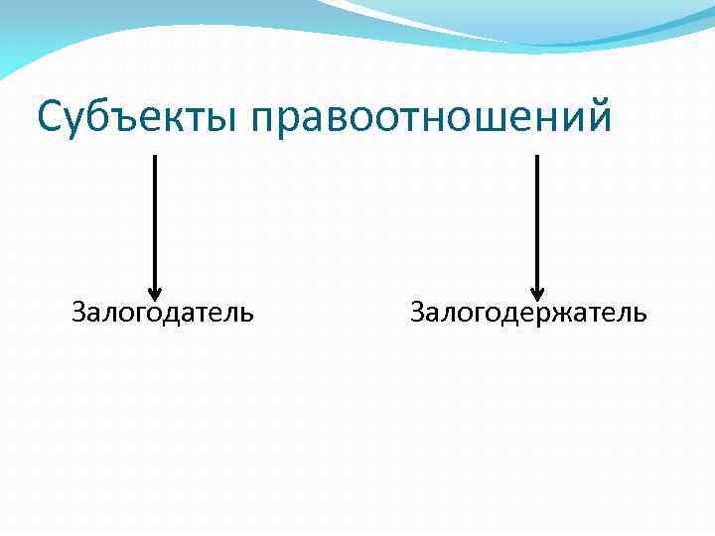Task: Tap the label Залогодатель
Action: coord(163,313)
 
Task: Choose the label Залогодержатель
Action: coord(528,313)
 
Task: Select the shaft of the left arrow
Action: coord(154,218)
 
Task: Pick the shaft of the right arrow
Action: coord(536,218)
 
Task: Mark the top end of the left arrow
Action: coord(154,157)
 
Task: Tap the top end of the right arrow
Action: coord(536,157)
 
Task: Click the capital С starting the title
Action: coord(51,117)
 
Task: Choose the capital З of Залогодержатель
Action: coord(418,313)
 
